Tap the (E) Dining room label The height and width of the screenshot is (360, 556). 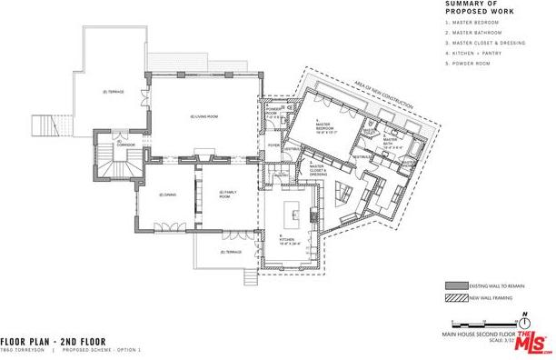click(x=166, y=195)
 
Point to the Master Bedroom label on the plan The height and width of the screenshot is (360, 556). click(x=325, y=128)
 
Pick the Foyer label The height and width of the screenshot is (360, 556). click(x=273, y=144)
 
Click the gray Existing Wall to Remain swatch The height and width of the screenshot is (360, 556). click(x=456, y=284)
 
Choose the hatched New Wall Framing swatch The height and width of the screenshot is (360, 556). click(x=456, y=297)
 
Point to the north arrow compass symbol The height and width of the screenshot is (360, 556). click(x=525, y=321)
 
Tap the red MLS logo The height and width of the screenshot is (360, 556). click(x=531, y=343)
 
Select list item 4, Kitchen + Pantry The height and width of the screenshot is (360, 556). click(x=473, y=53)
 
